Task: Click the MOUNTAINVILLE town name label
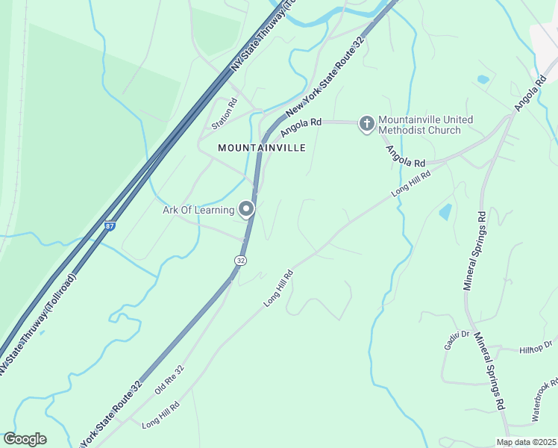tap(261, 148)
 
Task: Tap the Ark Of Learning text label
tap(198, 210)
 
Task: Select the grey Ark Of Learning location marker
tap(246, 210)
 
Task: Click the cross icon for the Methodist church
tap(366, 123)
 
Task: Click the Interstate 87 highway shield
tap(110, 225)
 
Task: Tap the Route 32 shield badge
tap(239, 260)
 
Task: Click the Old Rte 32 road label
tap(169, 380)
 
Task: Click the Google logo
tap(25, 439)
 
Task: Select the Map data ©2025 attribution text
tap(526, 442)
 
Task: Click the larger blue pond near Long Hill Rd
tap(445, 211)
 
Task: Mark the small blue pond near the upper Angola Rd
tap(483, 79)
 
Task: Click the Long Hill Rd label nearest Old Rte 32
tap(160, 415)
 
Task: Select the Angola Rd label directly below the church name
tap(405, 157)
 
